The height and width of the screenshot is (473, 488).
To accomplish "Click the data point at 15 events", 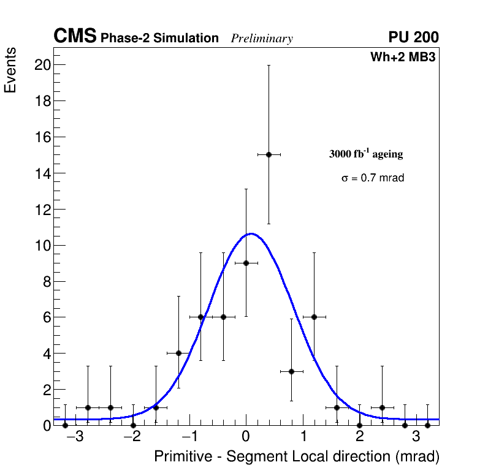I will point(269,154).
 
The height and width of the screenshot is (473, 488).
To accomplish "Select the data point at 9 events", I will point(246,263).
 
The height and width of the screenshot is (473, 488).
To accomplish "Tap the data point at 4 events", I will point(178,353).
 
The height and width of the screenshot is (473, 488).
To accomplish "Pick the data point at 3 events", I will point(291,371).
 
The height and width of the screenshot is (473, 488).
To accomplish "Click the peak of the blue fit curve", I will point(250,233).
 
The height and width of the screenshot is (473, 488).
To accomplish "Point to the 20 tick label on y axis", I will point(41,65).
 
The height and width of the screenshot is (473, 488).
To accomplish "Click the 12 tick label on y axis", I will point(41,210).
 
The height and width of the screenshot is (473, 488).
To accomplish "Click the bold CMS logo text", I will point(75,37).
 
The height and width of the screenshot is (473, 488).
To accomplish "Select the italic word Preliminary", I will point(262,39).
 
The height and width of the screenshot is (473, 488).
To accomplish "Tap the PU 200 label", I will point(413,37).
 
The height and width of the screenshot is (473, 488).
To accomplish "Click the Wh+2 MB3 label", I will point(403,58).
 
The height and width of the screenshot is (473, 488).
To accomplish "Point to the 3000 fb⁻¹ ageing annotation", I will point(366,154).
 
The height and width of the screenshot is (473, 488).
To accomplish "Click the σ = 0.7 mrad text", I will point(373,178).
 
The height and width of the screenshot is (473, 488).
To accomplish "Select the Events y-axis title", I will point(10,71).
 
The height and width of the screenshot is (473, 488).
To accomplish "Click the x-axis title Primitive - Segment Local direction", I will point(297,457).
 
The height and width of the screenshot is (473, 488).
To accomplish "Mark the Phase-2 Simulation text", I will point(159,39).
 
